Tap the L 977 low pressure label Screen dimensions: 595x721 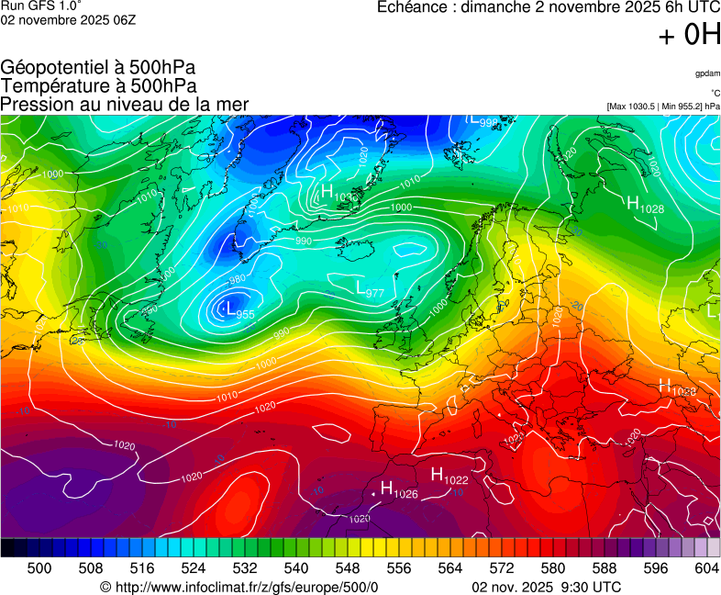point(369,289)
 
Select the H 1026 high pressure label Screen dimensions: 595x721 point(399,490)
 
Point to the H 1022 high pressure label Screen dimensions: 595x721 point(449,476)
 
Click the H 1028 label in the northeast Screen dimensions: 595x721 point(645,206)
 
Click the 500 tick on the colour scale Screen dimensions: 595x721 point(39,568)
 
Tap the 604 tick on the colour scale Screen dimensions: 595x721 point(706,568)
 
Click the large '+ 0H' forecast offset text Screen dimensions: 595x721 point(689,36)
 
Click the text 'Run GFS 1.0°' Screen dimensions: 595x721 point(40,6)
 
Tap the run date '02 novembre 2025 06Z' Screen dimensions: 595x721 point(68,20)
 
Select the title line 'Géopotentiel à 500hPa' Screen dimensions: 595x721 point(98,68)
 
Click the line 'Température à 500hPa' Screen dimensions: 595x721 point(98,85)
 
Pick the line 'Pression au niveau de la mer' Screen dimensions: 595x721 point(125,104)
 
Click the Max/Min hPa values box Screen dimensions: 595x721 point(663,107)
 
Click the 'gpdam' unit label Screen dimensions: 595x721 point(707,73)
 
